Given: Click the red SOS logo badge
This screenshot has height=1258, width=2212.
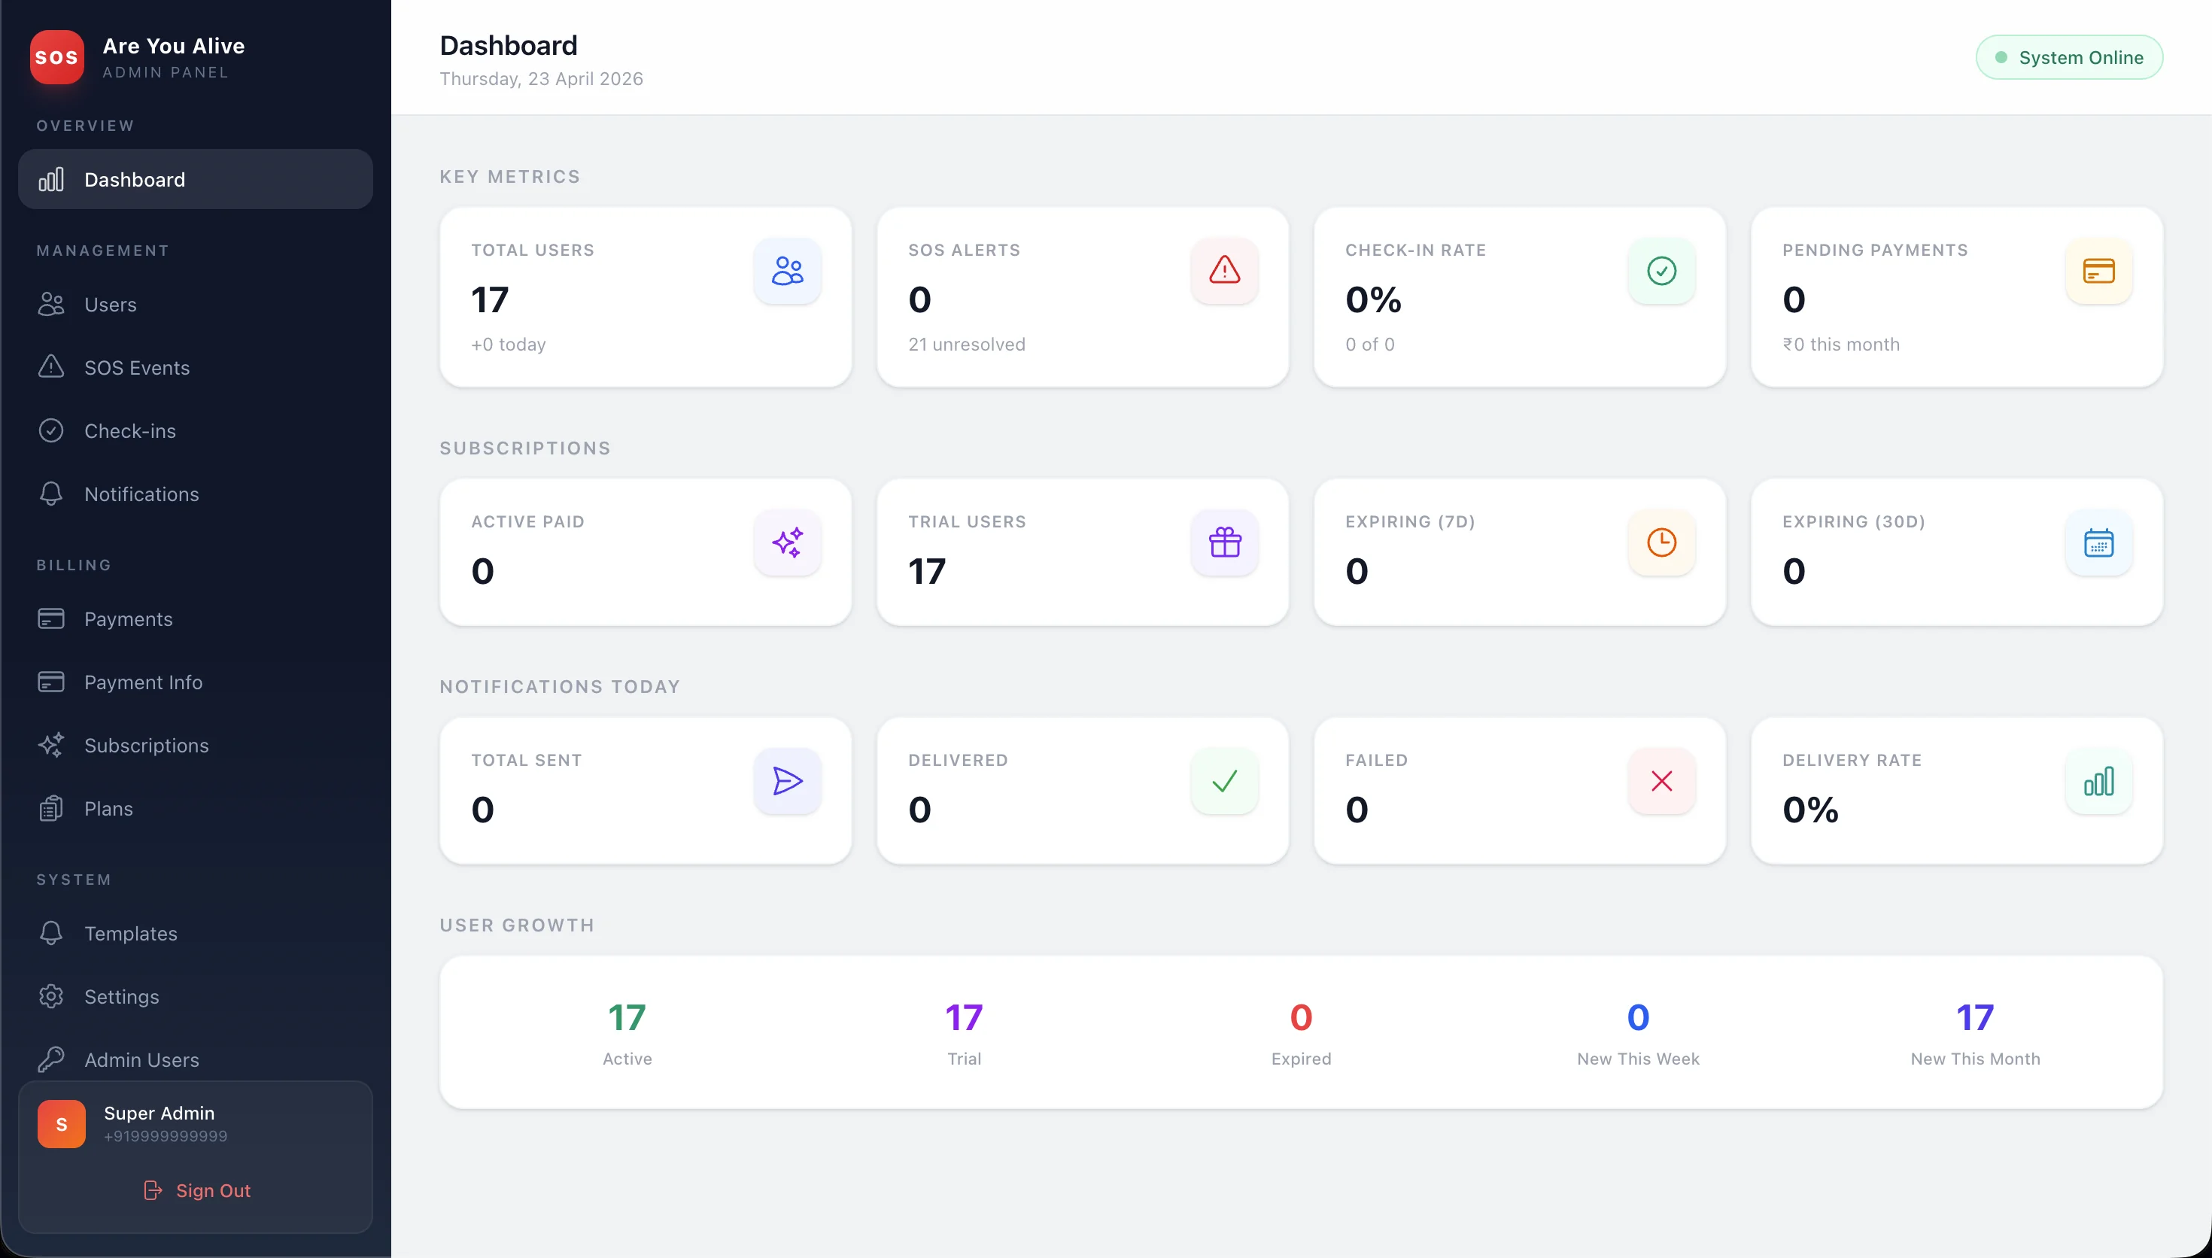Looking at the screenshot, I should point(57,57).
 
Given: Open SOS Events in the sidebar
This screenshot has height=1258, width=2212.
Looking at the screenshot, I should point(136,367).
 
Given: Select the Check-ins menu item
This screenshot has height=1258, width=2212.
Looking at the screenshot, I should point(129,430).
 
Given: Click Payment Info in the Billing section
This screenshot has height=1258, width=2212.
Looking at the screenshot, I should point(144,682).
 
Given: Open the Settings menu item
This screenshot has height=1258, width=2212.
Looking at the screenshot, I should point(121,996).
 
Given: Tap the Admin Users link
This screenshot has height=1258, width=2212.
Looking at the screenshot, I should point(141,1059).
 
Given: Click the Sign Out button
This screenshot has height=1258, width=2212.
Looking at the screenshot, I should point(196,1190).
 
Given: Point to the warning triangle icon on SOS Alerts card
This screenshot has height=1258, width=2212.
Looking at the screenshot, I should point(1224,270).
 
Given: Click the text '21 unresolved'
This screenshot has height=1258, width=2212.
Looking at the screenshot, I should point(967,344).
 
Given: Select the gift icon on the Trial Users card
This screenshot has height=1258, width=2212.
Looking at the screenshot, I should point(1224,542).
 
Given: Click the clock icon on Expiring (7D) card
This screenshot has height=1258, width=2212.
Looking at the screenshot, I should point(1661,542).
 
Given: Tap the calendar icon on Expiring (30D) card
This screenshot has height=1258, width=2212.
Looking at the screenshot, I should point(2098,542).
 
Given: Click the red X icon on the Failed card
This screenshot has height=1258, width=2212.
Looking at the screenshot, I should point(1661,781).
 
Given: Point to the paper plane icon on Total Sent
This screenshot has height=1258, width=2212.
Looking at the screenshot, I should point(787,781).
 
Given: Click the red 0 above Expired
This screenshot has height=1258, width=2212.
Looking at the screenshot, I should point(1301,1017).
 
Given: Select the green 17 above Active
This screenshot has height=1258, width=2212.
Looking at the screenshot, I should point(627,1017).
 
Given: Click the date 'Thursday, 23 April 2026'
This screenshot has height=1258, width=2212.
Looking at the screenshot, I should point(541,78).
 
